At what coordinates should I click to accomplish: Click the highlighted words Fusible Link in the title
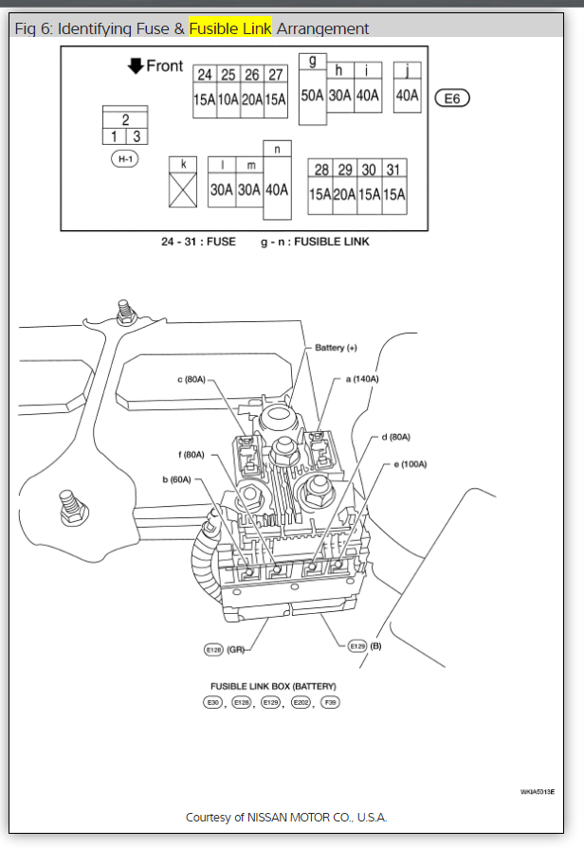(230, 28)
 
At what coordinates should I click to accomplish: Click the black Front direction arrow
(136, 65)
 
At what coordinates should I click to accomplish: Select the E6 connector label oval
(451, 98)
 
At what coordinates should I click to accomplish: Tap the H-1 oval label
(124, 159)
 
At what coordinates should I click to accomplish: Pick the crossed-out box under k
(183, 189)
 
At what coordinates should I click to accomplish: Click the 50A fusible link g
(312, 96)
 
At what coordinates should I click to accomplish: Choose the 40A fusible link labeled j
(407, 94)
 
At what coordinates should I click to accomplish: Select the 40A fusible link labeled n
(277, 189)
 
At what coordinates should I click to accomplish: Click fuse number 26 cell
(251, 75)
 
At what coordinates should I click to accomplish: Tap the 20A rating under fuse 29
(345, 194)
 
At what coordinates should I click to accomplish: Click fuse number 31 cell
(393, 170)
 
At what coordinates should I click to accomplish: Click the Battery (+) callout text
(336, 348)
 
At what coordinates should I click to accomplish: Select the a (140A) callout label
(361, 379)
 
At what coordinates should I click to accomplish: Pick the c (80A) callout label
(192, 380)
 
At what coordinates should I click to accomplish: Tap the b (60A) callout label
(176, 479)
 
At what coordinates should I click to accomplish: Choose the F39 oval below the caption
(330, 702)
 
